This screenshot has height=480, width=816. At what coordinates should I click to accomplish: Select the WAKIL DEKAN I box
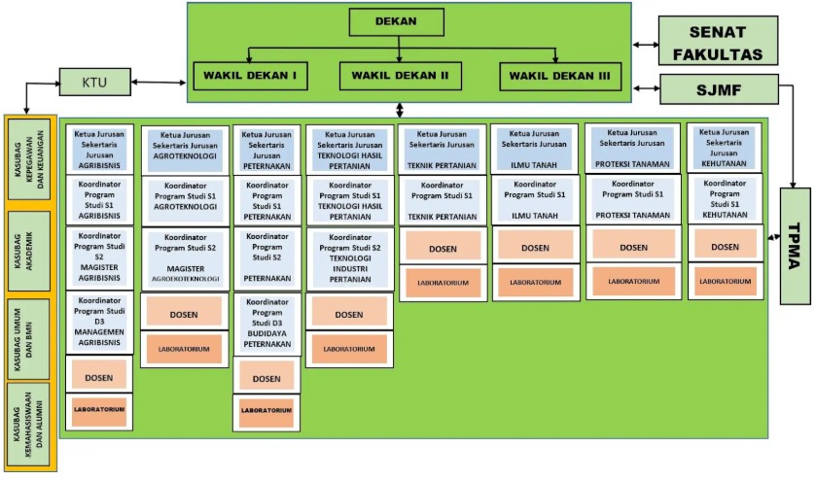250,75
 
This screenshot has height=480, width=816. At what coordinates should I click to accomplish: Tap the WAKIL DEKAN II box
400,75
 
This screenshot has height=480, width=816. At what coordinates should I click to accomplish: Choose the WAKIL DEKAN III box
560,76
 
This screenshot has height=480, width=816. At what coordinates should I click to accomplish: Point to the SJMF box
719,89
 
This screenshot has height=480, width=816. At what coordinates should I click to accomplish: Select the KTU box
93,83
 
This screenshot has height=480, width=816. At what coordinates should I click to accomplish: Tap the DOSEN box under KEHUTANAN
725,248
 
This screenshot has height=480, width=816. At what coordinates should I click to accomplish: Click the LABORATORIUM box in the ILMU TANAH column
535,283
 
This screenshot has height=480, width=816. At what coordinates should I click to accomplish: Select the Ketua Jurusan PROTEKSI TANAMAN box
633,148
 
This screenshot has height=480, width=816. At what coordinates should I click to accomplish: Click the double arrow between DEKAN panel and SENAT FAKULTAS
644,44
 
